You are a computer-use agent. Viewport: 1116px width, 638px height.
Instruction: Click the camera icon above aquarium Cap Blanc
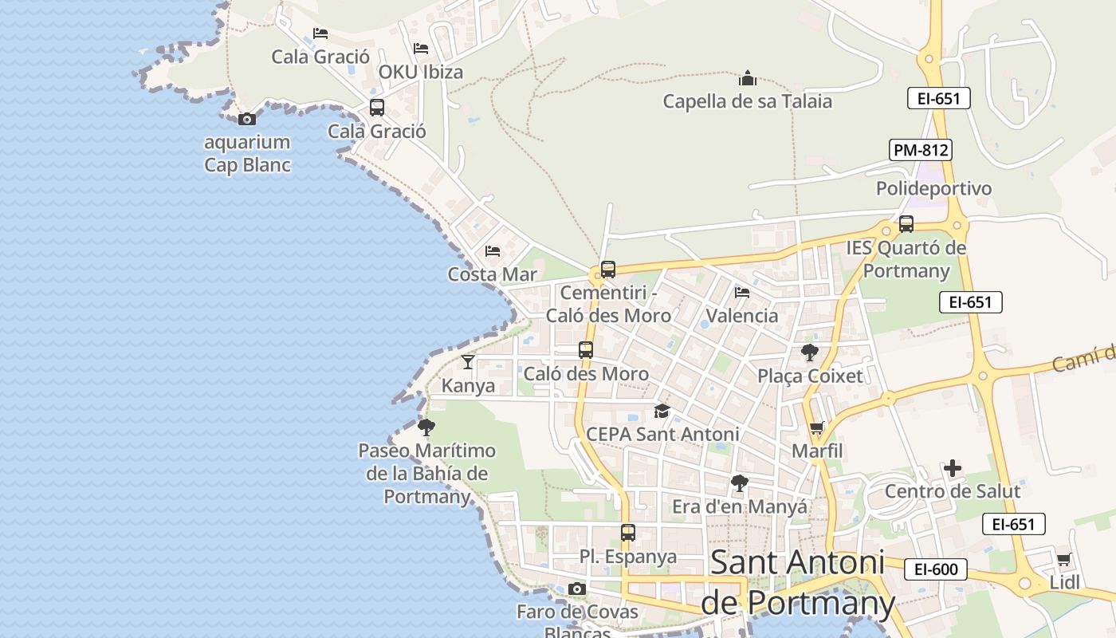247,120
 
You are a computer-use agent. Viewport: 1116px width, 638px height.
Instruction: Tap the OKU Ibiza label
420,72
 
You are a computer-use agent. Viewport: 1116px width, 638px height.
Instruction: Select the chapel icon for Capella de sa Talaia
747,78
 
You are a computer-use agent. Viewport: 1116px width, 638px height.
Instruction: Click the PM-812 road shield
921,150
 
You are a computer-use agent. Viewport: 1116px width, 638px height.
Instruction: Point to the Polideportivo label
933,188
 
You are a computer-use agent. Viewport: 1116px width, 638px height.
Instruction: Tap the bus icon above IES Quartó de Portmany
906,224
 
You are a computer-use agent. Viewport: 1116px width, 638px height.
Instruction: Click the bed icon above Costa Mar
493,251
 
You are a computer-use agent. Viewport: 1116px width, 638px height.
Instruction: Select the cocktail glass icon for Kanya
468,362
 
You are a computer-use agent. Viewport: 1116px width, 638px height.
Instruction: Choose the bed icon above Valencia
741,293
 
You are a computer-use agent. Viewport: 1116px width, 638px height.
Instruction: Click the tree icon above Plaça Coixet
810,352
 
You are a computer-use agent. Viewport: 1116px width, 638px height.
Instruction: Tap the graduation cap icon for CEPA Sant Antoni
662,411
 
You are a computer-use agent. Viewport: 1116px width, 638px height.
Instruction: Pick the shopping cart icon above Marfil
816,429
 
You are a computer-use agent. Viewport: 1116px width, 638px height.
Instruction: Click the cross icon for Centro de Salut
953,467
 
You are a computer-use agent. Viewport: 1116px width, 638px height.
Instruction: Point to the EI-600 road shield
936,569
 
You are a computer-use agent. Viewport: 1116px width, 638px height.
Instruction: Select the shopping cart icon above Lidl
1063,559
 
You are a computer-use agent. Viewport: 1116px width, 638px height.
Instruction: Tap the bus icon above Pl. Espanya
628,533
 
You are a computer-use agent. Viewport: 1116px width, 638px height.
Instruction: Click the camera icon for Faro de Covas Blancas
577,589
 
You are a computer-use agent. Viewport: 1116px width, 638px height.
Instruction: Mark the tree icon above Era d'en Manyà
740,482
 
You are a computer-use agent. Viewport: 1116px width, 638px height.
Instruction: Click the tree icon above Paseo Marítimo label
426,427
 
